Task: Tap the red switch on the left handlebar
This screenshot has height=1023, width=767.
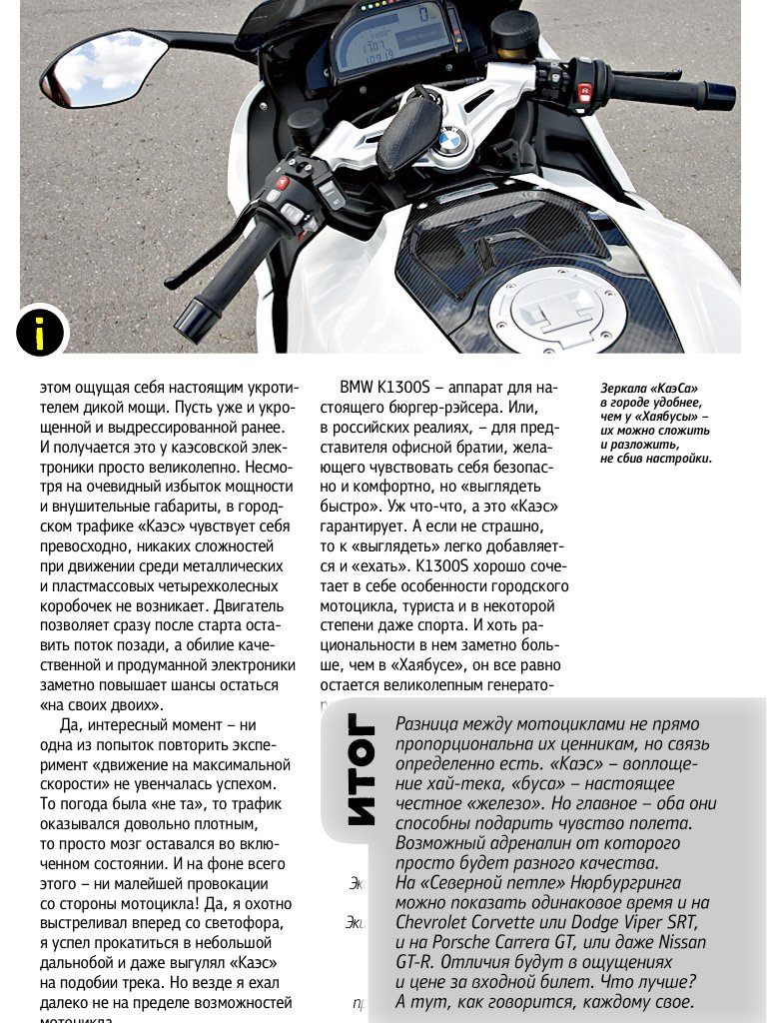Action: tap(282, 183)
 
